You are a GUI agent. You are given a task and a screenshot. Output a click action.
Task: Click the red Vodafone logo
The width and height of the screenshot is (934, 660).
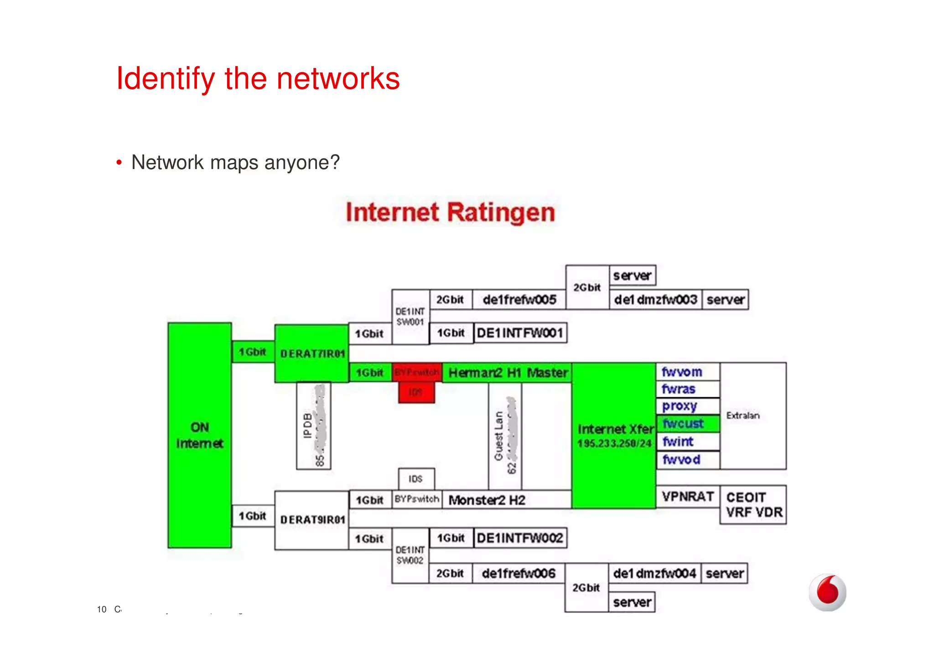pyautogui.click(x=827, y=592)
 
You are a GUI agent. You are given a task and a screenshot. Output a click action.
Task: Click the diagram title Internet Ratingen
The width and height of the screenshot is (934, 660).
pyautogui.click(x=450, y=213)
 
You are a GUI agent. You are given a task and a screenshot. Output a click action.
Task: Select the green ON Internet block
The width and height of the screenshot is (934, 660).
pyautogui.click(x=200, y=435)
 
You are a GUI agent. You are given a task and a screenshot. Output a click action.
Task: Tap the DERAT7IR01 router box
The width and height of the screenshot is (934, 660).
pyautogui.click(x=312, y=353)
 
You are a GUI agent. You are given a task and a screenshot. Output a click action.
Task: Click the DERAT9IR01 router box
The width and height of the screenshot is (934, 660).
pyautogui.click(x=312, y=520)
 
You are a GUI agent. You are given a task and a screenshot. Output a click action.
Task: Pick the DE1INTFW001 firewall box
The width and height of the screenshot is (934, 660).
pyautogui.click(x=520, y=333)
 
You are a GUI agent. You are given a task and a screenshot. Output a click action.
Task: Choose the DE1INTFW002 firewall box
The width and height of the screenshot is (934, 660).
pyautogui.click(x=520, y=538)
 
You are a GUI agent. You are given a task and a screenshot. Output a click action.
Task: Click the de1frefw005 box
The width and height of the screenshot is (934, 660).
pyautogui.click(x=519, y=300)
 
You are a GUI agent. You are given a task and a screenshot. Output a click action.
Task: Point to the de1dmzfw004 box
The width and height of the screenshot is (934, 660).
pyautogui.click(x=654, y=573)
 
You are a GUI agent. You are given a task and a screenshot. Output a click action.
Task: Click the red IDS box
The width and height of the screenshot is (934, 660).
pyautogui.click(x=416, y=392)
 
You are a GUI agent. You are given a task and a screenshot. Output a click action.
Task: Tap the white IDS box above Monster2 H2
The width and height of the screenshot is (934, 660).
pyautogui.click(x=416, y=479)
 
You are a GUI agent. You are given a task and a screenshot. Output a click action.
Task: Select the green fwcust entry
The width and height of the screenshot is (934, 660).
pyautogui.click(x=688, y=424)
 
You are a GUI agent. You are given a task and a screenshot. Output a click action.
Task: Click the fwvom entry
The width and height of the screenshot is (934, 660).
pyautogui.click(x=688, y=372)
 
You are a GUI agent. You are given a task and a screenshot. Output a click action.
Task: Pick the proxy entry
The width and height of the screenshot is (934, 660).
pyautogui.click(x=688, y=406)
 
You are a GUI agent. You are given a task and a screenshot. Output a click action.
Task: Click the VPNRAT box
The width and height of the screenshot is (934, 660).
pyautogui.click(x=688, y=496)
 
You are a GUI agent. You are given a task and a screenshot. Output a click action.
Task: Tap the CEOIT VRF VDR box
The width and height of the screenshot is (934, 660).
pyautogui.click(x=753, y=504)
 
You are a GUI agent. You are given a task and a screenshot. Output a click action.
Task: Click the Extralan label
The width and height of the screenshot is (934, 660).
pyautogui.click(x=743, y=416)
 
